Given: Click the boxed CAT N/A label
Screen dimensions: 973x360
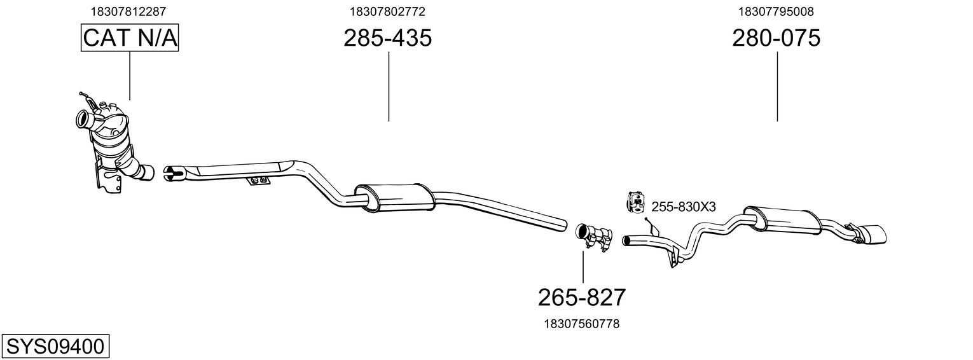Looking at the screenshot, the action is click(130, 38).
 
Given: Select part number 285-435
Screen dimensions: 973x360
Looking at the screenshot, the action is click(387, 38).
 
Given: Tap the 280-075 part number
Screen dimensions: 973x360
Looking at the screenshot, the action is click(776, 38).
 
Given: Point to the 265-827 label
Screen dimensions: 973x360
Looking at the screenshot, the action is click(582, 297).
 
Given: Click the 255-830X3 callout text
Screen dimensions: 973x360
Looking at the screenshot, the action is click(684, 207).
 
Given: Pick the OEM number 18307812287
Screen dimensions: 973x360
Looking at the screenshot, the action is click(129, 11).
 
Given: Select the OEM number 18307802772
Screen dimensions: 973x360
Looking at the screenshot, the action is click(387, 11).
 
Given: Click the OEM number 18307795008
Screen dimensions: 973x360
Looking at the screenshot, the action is click(776, 11).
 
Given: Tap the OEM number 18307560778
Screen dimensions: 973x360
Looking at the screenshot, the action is click(581, 324).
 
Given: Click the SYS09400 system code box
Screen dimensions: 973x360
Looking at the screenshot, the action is click(55, 347).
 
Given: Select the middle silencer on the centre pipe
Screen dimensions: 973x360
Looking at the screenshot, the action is click(394, 197).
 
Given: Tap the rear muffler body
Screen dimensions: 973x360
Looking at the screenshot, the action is click(782, 219).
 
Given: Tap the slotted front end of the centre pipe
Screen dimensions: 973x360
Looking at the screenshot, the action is click(173, 172).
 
